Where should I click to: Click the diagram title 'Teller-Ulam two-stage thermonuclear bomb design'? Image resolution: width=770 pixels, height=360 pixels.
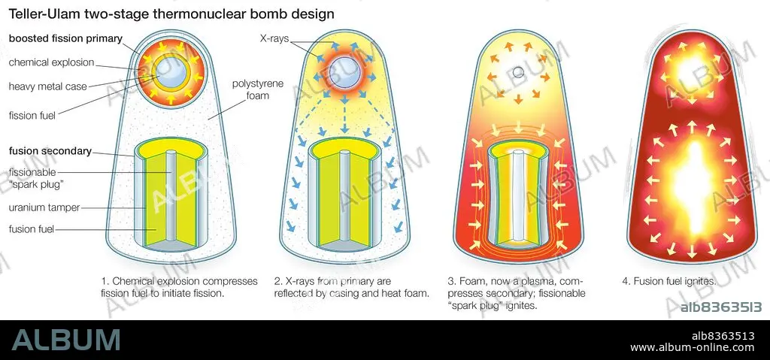click(x=171, y=14)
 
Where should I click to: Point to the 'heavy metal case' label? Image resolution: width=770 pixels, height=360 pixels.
click(x=49, y=86)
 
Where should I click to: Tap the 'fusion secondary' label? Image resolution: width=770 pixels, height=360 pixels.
click(x=50, y=151)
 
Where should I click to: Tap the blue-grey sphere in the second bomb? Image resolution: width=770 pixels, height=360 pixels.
click(x=347, y=74)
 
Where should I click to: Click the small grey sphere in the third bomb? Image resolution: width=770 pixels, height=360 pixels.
click(x=518, y=73)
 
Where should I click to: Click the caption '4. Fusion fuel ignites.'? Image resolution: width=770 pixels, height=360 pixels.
click(x=669, y=281)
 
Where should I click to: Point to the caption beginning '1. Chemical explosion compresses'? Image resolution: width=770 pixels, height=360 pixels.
click(x=179, y=287)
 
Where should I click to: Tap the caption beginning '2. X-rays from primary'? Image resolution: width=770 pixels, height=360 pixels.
click(x=351, y=287)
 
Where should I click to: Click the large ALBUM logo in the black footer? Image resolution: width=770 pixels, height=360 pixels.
click(x=66, y=340)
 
